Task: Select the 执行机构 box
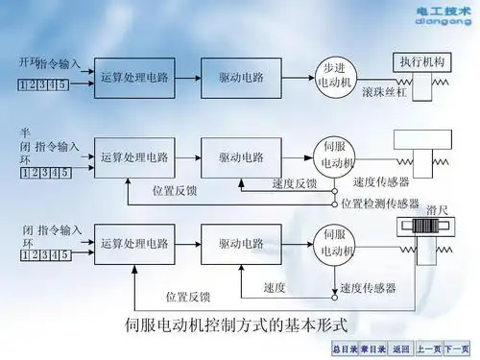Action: tap(423, 60)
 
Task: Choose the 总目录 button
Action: tap(344, 348)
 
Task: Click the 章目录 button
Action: tap(373, 348)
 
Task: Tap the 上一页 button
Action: tap(430, 348)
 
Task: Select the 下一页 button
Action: tap(460, 348)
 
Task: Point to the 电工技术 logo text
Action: tap(443, 10)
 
